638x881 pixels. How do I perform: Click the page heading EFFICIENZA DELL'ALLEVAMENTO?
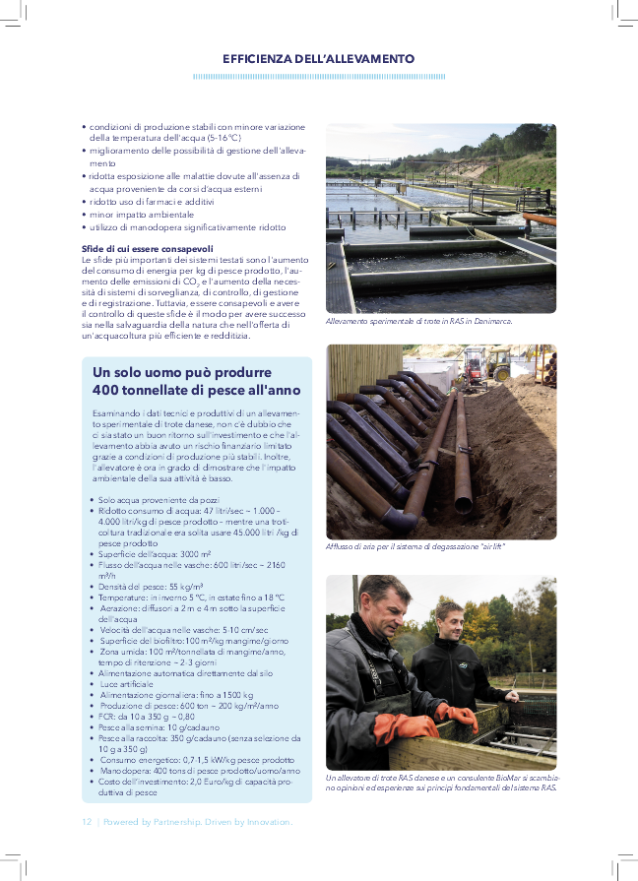318,59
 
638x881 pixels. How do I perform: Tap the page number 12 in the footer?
87,821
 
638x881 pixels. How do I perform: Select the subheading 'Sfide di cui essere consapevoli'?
148,247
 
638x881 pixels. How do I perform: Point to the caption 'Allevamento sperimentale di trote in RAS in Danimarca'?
418,322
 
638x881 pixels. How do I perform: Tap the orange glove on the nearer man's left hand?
404,728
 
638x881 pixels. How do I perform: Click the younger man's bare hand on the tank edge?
511,696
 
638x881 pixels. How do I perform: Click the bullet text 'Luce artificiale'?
125,683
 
